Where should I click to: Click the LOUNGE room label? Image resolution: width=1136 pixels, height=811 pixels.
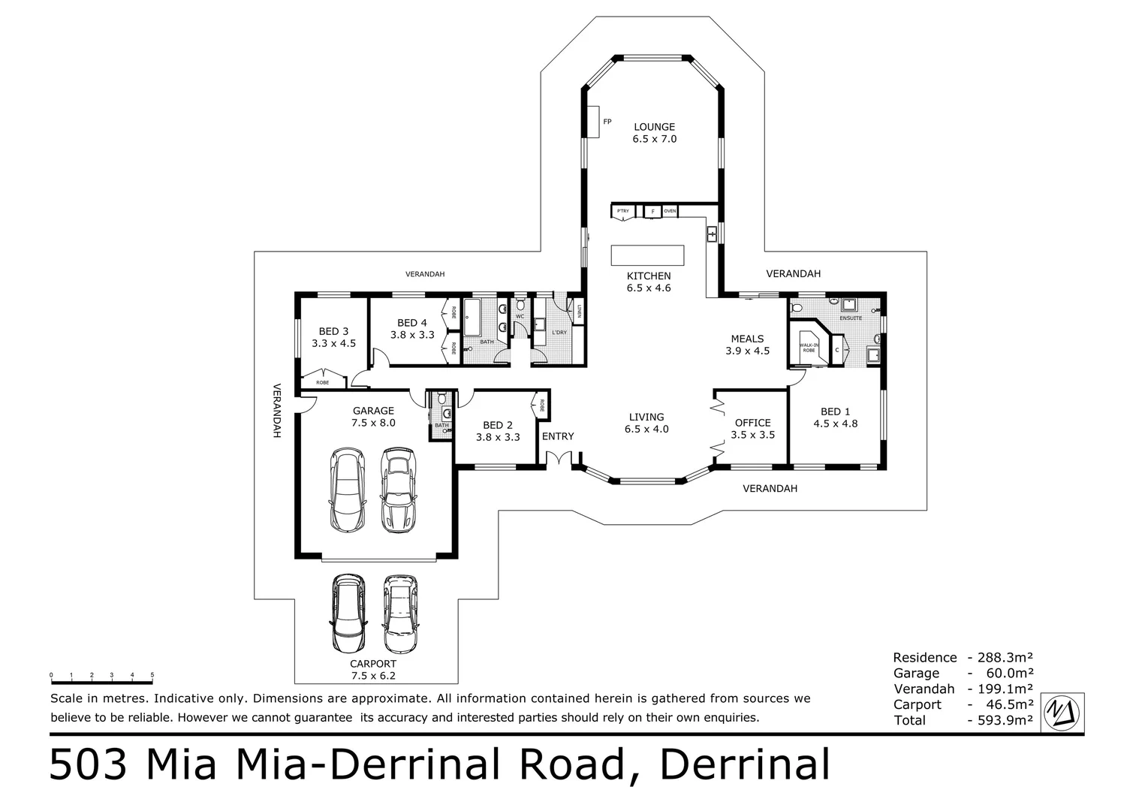tap(654, 127)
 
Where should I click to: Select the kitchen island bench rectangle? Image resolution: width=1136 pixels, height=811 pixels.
tap(647, 255)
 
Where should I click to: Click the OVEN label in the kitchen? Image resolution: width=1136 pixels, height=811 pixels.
tap(670, 212)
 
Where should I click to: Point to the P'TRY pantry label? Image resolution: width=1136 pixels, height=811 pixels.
tap(622, 212)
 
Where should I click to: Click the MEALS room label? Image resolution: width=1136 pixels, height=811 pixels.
tap(747, 339)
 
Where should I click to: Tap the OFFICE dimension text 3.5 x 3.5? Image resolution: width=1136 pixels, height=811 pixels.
tap(752, 435)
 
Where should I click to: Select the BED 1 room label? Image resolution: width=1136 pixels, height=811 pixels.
tap(835, 412)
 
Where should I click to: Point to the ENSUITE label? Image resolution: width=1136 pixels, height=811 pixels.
tap(851, 318)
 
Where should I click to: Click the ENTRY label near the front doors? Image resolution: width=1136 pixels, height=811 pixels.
tap(558, 436)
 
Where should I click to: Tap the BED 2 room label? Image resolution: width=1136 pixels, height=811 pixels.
tap(498, 425)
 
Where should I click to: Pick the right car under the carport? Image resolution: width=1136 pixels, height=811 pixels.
tap(400, 614)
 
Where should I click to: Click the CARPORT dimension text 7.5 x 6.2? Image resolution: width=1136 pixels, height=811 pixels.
tap(373, 676)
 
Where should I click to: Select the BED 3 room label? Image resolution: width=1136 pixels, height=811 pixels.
tap(333, 331)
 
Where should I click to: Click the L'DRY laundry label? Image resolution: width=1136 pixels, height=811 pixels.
tap(559, 332)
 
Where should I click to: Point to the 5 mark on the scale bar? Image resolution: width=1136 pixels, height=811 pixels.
tap(152, 675)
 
